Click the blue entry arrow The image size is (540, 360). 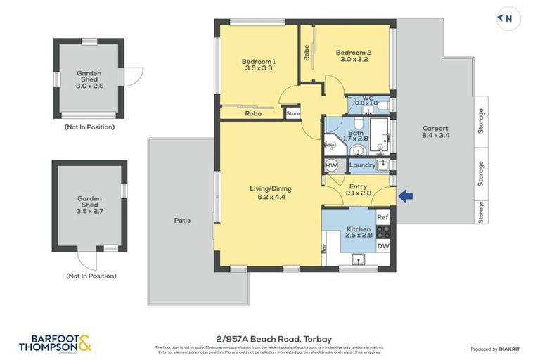(405, 198)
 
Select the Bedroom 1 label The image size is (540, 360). (259, 65)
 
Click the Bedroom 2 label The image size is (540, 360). (353, 56)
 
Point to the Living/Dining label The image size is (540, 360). (270, 193)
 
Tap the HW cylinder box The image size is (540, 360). (331, 165)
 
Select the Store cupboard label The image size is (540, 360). (293, 113)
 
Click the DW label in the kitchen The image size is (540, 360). (383, 246)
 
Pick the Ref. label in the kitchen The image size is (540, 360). (383, 218)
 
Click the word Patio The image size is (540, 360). (182, 220)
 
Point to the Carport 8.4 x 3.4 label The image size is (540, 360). (435, 131)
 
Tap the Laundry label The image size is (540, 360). (363, 165)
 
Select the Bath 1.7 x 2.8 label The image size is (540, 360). (357, 136)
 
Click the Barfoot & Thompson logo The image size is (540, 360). (56, 342)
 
